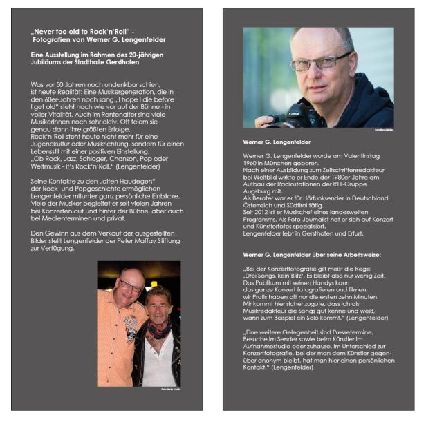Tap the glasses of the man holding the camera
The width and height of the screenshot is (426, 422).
[319, 63]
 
